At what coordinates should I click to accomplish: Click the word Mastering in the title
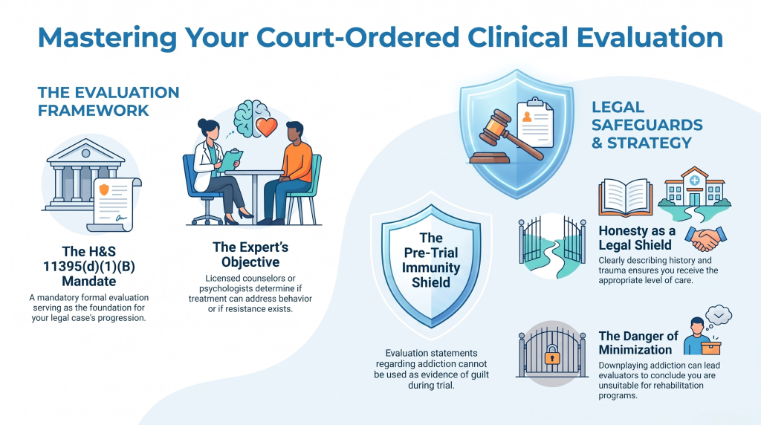pos(107,37)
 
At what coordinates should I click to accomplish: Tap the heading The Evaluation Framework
pos(109,101)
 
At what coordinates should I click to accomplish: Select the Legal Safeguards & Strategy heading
pos(647,125)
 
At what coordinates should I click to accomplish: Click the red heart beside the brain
pos(266,127)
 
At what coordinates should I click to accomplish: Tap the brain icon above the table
pos(250,118)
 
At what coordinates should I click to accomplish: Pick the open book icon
pos(626,197)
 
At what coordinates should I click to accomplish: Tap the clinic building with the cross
pos(695,187)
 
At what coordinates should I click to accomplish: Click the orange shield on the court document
pos(104,189)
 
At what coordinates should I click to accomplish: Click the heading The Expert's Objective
pos(250,255)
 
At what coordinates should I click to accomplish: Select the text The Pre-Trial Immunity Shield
pos(431,260)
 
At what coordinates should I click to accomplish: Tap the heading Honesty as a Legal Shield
pos(637,238)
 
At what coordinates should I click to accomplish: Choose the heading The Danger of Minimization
pos(638,343)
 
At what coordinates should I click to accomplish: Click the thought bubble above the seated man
pos(719,316)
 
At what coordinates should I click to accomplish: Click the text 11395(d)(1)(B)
pos(89,266)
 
